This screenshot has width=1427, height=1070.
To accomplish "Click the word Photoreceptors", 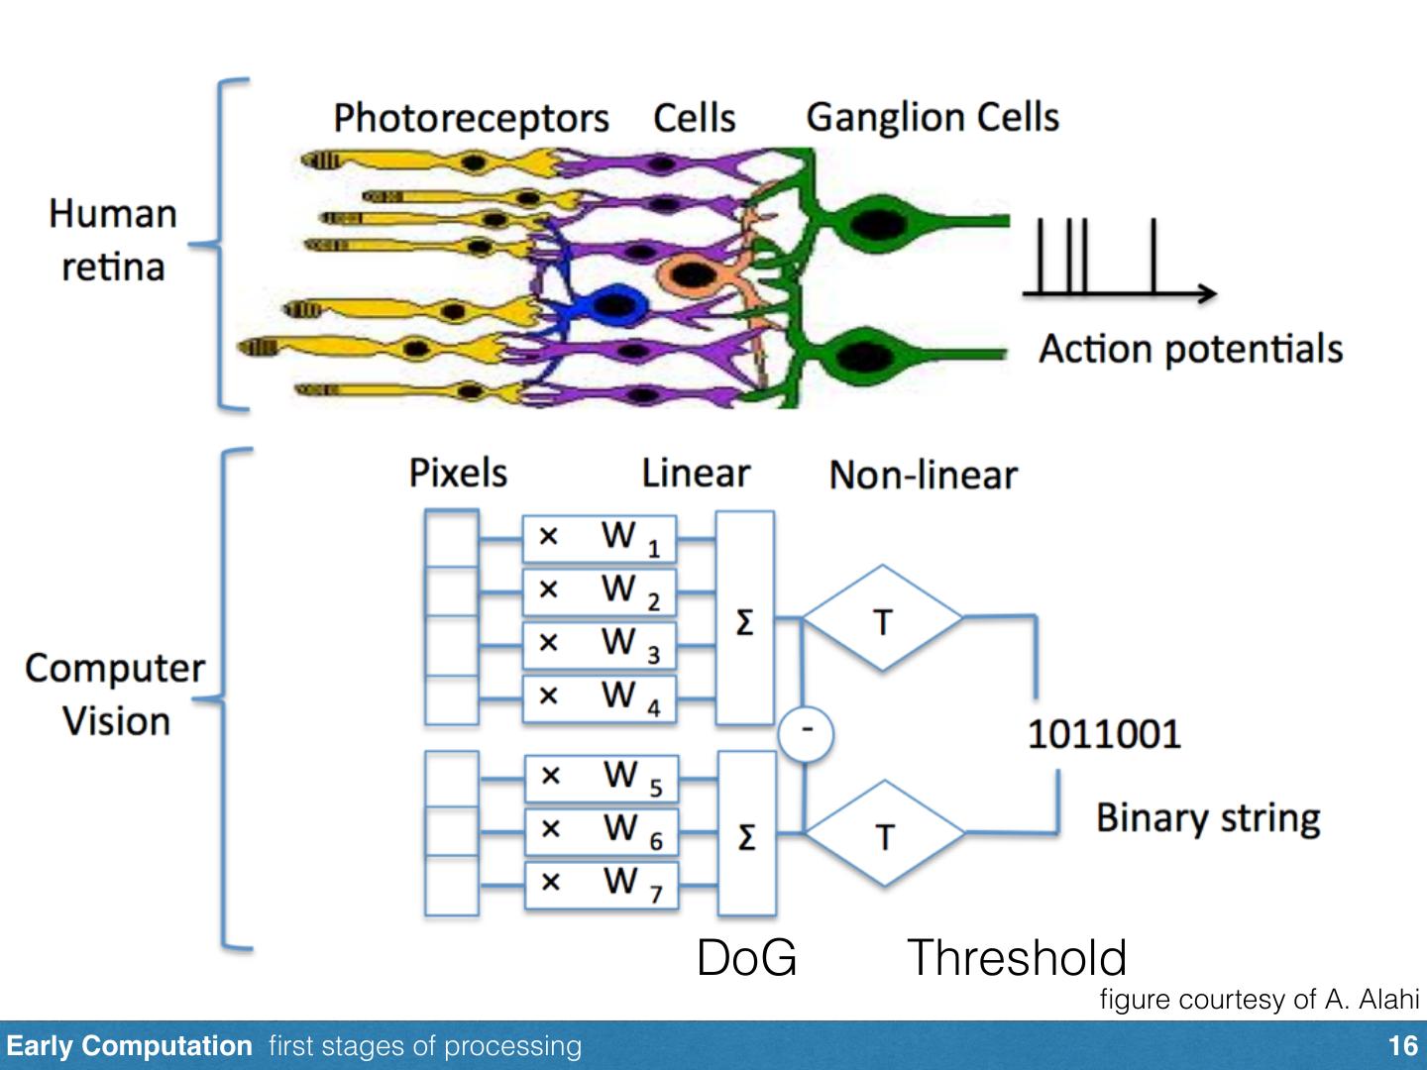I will tap(471, 118).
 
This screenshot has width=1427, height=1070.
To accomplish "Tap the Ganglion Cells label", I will tap(933, 117).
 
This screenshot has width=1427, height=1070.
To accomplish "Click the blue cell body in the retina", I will tap(611, 304).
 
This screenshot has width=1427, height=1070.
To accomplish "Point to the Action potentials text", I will tap(1190, 349).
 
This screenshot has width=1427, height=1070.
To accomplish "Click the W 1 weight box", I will tap(600, 538).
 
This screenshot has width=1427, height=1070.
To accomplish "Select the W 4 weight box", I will tap(600, 697).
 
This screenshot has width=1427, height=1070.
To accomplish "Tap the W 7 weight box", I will tap(601, 882).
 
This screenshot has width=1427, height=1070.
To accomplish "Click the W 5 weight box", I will tap(601, 776).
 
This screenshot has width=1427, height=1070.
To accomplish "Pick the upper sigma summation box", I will tap(744, 618).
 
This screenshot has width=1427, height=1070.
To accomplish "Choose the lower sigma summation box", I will tap(746, 833).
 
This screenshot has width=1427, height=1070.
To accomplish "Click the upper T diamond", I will tap(882, 619).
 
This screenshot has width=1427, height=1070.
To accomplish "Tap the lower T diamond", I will tap(884, 834).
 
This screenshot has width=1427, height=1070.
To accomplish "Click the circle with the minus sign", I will tap(806, 732).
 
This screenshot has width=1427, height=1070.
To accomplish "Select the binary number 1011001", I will tap(1104, 734).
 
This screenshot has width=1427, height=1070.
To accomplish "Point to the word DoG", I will tap(746, 958).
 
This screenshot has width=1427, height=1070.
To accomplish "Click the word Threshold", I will tap(1017, 958).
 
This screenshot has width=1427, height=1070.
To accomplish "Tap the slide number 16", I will tap(1402, 1046).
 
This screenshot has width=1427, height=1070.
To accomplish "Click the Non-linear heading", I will tap(923, 476).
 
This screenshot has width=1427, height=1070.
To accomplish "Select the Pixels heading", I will tap(458, 474).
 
